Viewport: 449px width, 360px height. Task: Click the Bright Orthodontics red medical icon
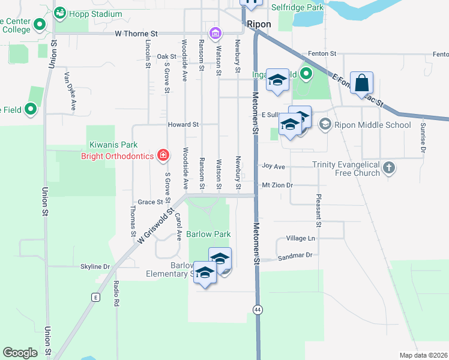pos(163,156)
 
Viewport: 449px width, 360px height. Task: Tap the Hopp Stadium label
pos(95,13)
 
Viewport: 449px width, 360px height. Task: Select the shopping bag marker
pos(363,83)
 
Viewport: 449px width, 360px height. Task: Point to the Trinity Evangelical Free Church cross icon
pos(389,168)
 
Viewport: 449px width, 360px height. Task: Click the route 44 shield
pos(258,309)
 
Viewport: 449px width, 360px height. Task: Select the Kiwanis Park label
pos(113,145)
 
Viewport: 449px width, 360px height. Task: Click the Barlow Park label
pos(208,233)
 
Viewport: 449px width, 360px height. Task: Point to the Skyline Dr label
pos(95,266)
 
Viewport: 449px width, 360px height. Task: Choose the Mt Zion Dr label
pos(277,185)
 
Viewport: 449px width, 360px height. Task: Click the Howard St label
pos(183,124)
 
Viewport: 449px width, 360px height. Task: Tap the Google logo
pos(20,353)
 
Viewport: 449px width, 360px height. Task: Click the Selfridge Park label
pos(298,7)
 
